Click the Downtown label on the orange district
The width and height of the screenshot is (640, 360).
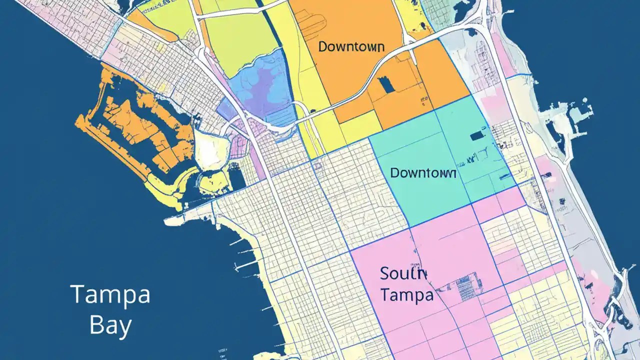351,47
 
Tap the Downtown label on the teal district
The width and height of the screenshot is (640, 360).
422,173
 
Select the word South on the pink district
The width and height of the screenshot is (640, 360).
403,274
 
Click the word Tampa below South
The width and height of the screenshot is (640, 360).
406,295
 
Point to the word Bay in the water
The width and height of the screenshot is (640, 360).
110,325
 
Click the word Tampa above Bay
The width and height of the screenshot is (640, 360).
110,295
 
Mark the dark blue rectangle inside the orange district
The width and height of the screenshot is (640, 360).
386,84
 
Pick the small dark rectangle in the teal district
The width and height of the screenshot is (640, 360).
477,135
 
